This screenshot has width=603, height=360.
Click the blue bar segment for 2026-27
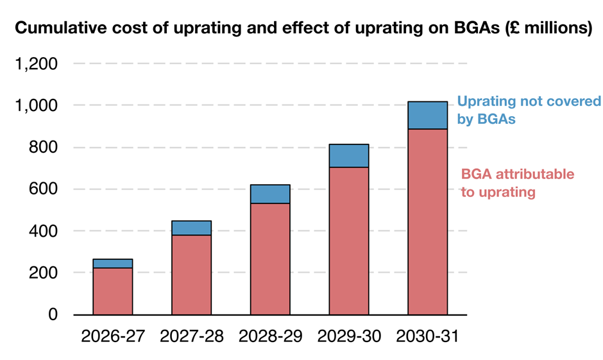113,264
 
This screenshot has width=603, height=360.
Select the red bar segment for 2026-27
113,291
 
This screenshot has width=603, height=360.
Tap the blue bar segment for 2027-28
191,228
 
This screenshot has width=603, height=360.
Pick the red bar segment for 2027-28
191,275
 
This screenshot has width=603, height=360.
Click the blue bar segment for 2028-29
270,194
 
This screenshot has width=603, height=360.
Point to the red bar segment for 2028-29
270,259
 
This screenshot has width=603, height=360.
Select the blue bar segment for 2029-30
349,156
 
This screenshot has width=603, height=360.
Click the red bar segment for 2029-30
349,241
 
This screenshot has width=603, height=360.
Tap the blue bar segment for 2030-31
428,116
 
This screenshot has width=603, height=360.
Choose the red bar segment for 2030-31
428,221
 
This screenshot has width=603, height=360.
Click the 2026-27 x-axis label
113,336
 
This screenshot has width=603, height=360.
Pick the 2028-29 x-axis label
270,336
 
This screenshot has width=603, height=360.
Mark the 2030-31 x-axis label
428,336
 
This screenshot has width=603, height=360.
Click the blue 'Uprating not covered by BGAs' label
529,110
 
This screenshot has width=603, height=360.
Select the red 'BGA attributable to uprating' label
517,183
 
